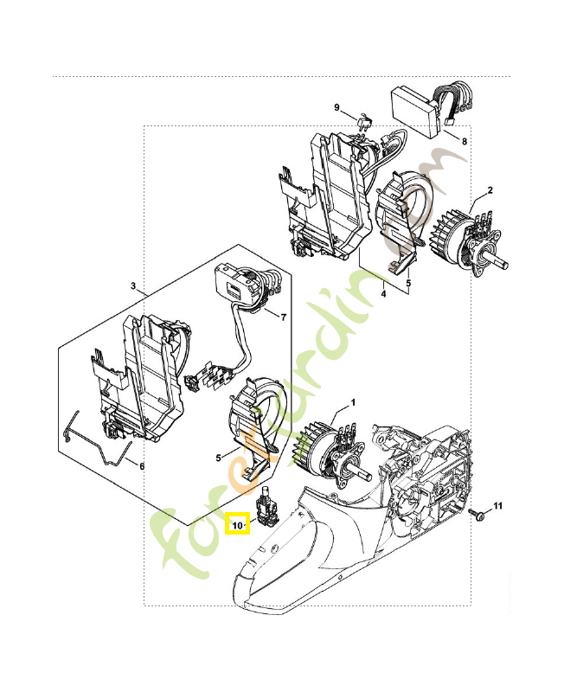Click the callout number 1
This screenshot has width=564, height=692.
(x=352, y=403)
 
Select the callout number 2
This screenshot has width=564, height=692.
(x=490, y=190)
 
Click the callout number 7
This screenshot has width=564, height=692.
(x=283, y=317)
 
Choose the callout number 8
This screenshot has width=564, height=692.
(x=464, y=140)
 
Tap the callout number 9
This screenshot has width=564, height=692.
(x=337, y=107)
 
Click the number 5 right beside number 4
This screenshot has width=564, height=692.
(x=409, y=281)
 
